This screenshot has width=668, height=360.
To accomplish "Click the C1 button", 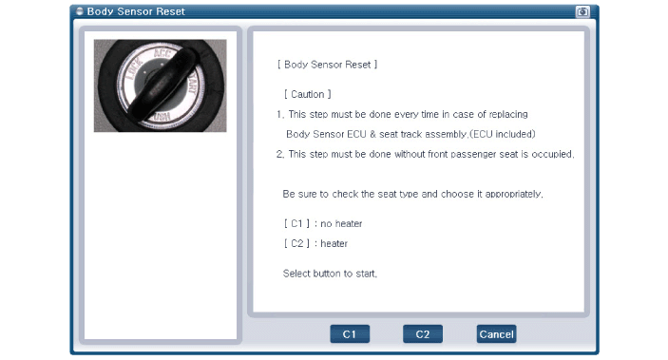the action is pos(350,334).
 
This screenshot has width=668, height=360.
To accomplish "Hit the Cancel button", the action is pos(496,334).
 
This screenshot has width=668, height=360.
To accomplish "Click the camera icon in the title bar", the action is pos(582,11).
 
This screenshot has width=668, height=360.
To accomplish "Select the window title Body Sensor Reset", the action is pos(136,11).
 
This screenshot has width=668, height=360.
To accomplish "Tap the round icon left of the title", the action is pos(79,11).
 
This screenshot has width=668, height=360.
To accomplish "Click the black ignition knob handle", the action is pos(164,83).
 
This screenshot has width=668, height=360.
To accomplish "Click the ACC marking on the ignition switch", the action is pos(162,54).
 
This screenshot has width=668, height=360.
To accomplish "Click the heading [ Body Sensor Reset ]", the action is pos(327,65).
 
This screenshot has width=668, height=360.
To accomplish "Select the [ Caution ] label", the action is pos(308,94).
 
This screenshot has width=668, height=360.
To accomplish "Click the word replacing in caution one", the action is pos(508,115).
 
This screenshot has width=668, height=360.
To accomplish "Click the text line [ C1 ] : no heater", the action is pos(323,223).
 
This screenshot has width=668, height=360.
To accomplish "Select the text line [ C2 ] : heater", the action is pos(315,244).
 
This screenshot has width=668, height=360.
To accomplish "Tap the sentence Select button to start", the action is pos(330,274).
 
